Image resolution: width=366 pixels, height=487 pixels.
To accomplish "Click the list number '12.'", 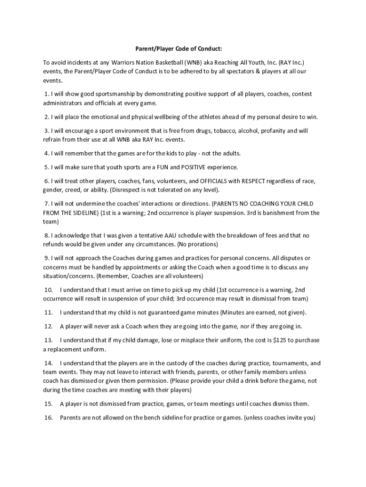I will pos(48,326).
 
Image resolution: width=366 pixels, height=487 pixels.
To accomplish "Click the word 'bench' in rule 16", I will pos(145,418).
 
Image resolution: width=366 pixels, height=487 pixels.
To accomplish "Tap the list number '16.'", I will pos(48,418).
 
